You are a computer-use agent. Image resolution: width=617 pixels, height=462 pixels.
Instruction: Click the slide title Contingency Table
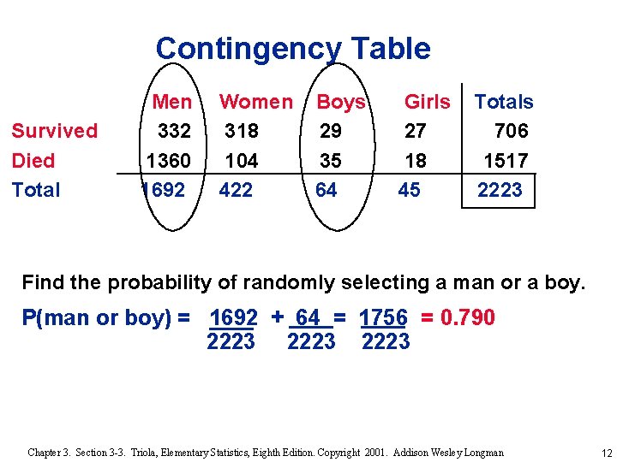tap(293, 49)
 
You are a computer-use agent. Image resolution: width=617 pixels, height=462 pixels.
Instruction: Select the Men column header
tap(172, 102)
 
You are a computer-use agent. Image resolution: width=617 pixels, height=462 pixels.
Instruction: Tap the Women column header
tap(255, 102)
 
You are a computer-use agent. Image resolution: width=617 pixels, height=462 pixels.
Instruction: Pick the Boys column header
tap(341, 103)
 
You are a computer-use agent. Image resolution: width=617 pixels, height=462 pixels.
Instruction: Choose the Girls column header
tap(427, 102)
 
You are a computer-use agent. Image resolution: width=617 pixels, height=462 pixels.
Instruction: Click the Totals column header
tap(504, 102)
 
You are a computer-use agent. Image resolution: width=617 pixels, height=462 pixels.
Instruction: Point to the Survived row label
tap(54, 131)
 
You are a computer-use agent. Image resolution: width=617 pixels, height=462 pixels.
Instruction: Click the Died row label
tap(34, 161)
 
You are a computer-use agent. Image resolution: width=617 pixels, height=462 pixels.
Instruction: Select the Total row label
tap(36, 190)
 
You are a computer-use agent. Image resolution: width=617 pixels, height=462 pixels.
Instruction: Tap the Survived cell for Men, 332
tap(174, 131)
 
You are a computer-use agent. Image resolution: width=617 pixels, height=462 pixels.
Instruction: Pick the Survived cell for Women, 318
tap(242, 131)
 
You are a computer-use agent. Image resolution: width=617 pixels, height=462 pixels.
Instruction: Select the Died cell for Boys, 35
tap(330, 161)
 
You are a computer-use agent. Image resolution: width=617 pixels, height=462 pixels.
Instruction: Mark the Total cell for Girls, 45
tap(410, 190)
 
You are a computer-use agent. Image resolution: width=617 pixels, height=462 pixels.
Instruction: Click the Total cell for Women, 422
tap(236, 190)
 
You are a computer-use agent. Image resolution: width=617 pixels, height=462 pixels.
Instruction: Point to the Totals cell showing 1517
tap(506, 161)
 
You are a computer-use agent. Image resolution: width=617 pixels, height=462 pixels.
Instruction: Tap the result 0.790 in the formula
tap(467, 318)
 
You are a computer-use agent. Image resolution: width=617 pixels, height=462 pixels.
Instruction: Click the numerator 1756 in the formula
tap(383, 318)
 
